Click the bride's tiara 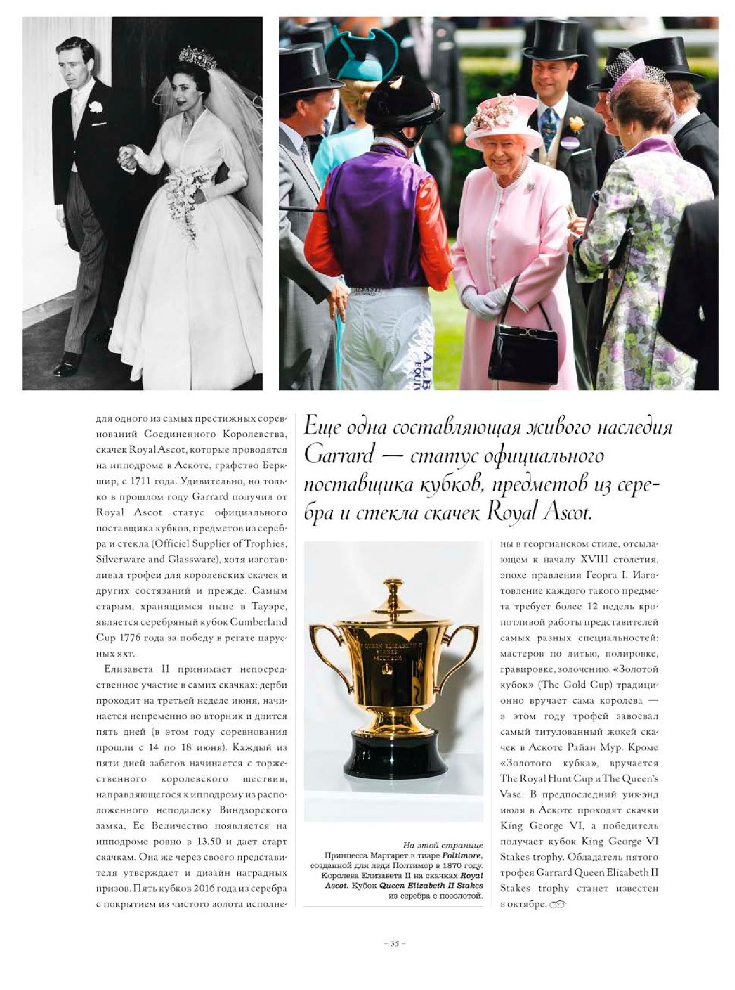tap(197, 58)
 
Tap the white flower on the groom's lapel tap(95, 107)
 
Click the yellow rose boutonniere tap(576, 124)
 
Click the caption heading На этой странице tap(442, 845)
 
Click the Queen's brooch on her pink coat tap(530, 187)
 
